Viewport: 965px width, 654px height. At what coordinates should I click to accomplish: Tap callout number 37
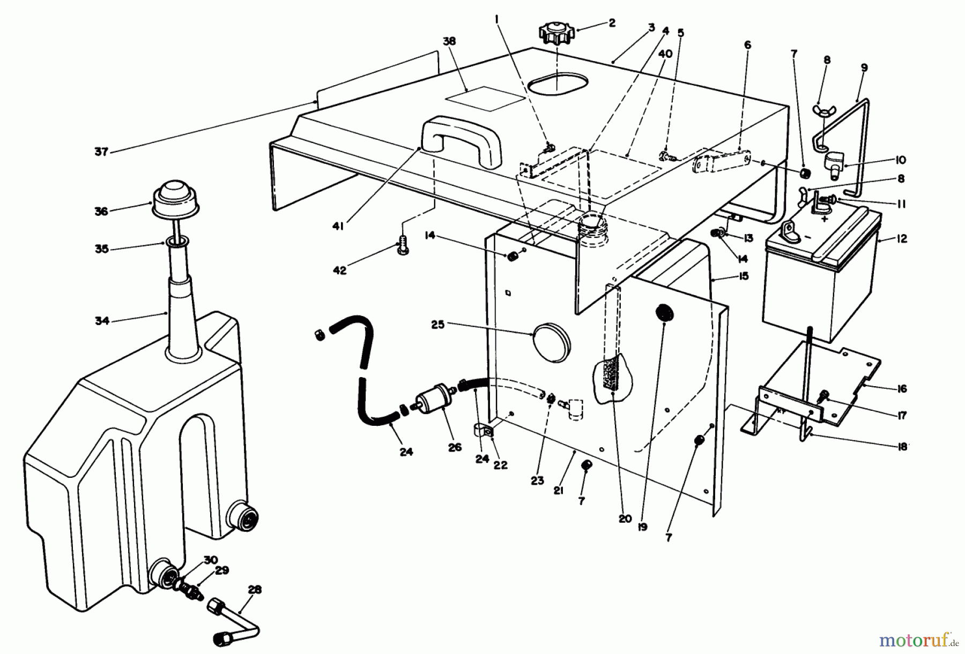[101, 152]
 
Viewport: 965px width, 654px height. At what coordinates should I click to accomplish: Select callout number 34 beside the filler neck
[102, 321]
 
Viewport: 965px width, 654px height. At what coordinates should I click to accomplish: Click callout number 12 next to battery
[902, 239]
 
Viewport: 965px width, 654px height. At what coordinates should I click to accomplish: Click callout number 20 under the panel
[625, 518]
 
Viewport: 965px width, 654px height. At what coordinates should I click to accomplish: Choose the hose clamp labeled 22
[485, 432]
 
